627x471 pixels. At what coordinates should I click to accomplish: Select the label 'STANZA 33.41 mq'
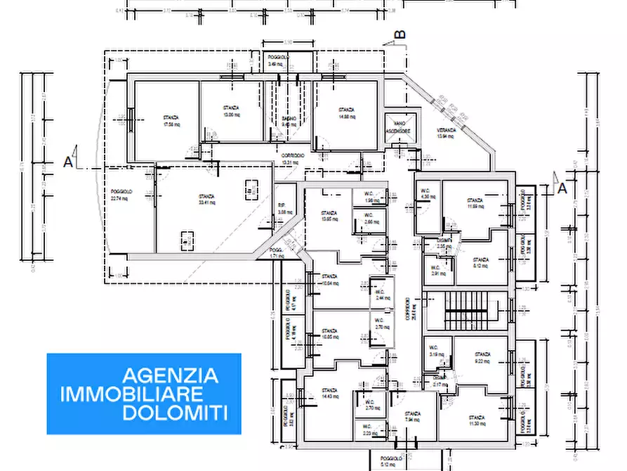(206, 199)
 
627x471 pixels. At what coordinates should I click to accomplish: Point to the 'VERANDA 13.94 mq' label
(447, 134)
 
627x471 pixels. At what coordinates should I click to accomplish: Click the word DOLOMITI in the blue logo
(175, 413)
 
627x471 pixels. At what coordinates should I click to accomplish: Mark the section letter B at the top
(400, 33)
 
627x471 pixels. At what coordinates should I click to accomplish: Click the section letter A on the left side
(69, 161)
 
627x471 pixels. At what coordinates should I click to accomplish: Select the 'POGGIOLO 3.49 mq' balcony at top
(276, 61)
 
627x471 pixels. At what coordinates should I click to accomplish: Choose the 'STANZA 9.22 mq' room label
(482, 358)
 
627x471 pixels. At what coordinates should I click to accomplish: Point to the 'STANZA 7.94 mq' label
(413, 418)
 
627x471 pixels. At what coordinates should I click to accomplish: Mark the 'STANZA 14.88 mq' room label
(345, 113)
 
